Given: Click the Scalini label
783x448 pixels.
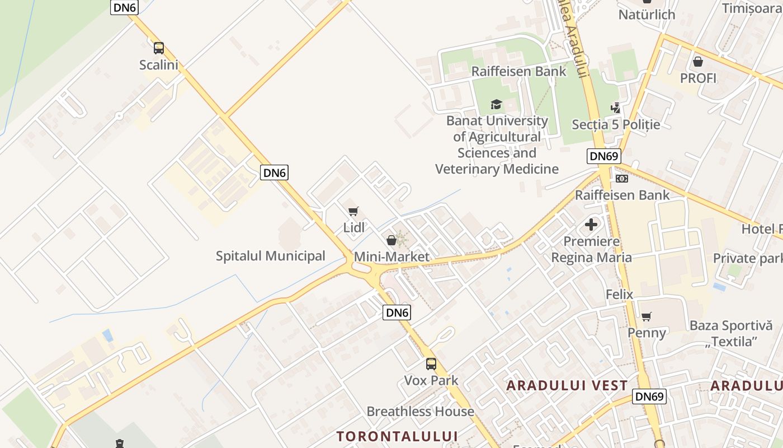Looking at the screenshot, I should click(x=159, y=65).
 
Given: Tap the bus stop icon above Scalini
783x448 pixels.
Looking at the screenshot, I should click(x=159, y=48).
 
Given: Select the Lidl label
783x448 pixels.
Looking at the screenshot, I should click(x=354, y=227).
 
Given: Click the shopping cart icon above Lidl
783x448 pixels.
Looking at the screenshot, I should click(x=353, y=211).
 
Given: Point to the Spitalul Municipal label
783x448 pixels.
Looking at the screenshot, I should click(x=271, y=256).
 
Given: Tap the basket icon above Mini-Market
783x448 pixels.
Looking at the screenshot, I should click(x=391, y=240).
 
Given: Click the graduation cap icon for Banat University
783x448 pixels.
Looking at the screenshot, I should click(x=496, y=104).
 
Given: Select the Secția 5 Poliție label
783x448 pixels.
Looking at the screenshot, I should click(x=616, y=124).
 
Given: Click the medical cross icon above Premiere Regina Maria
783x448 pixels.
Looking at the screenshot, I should click(x=591, y=225).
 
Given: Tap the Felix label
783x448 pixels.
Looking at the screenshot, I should click(x=620, y=294).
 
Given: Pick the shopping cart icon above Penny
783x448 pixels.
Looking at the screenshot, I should click(x=647, y=317).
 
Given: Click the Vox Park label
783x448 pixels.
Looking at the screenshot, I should click(x=431, y=380).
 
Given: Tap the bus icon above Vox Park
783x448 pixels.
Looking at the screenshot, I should click(x=431, y=364).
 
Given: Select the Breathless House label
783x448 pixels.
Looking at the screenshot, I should click(x=420, y=412).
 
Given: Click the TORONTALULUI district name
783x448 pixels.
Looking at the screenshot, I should click(x=397, y=436).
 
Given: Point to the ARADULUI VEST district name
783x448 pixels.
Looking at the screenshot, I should click(x=567, y=385).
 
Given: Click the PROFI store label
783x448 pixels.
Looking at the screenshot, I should click(x=698, y=78).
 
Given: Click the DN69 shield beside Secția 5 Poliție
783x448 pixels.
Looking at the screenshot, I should click(x=604, y=156).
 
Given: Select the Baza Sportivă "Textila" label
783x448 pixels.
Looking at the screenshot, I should click(x=731, y=333).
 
